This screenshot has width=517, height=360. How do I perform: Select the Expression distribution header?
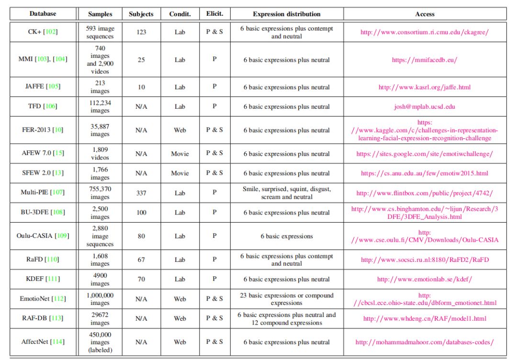(286, 14)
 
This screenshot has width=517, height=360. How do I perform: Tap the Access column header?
(425, 14)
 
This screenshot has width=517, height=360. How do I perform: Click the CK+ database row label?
(35, 32)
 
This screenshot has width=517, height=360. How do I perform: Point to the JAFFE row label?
(35, 87)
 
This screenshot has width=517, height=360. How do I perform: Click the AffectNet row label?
(36, 342)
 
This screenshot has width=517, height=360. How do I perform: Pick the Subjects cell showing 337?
(141, 193)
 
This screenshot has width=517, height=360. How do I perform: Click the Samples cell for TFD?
(101, 106)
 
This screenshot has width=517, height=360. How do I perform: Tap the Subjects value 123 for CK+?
(141, 32)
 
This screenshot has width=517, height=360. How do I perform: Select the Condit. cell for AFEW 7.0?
(180, 154)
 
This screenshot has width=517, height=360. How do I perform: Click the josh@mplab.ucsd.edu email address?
(425, 107)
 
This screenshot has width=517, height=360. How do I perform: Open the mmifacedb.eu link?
(425, 60)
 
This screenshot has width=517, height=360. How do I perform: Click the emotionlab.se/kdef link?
(425, 279)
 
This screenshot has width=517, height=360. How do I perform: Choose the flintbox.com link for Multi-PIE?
(425, 193)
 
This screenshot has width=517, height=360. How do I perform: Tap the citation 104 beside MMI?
(60, 59)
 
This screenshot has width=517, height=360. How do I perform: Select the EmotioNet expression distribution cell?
(286, 299)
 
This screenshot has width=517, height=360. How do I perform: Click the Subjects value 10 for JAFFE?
(141, 87)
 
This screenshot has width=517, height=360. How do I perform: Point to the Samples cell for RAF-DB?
(101, 318)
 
